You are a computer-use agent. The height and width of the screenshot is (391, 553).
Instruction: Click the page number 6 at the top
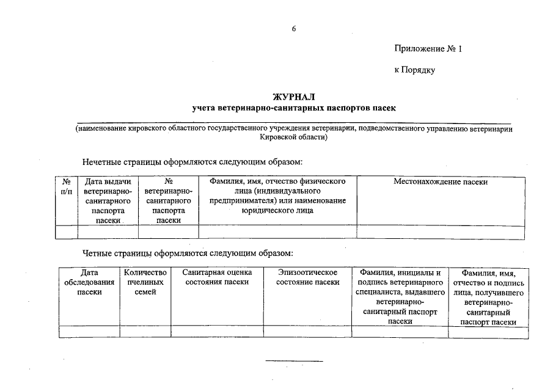pyautogui.click(x=294, y=29)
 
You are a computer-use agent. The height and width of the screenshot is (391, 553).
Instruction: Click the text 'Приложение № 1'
pyautogui.click(x=428, y=48)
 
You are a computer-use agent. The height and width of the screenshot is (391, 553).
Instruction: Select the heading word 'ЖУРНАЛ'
pyautogui.click(x=294, y=97)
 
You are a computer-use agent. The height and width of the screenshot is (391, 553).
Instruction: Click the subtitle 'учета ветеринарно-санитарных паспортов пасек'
pyautogui.click(x=294, y=108)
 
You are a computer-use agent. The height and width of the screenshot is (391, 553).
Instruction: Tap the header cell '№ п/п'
pyautogui.click(x=67, y=186)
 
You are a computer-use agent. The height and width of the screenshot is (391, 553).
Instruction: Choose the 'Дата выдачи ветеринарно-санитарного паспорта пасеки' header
pyautogui.click(x=108, y=201)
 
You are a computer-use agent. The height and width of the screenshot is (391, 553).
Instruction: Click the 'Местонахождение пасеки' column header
pyautogui.click(x=441, y=181)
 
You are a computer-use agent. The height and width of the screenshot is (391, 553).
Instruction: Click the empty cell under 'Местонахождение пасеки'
pyautogui.click(x=441, y=232)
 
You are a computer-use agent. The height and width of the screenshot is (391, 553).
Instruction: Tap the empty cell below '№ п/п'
pyautogui.click(x=67, y=232)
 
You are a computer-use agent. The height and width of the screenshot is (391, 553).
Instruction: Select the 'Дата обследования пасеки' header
pyautogui.click(x=89, y=282)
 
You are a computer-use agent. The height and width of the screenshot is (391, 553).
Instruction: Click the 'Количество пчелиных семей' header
pyautogui.click(x=145, y=282)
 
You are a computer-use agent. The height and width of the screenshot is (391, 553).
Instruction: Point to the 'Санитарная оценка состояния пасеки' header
pyautogui.click(x=217, y=277)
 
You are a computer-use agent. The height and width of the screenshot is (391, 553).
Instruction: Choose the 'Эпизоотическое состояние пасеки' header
pyautogui.click(x=307, y=277)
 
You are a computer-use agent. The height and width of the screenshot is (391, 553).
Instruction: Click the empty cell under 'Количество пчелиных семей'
pyautogui.click(x=145, y=332)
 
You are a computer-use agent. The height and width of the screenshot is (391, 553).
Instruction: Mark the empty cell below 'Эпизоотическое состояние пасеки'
pyautogui.click(x=307, y=332)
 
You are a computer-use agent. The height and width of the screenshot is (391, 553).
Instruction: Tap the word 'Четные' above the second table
pyautogui.click(x=100, y=253)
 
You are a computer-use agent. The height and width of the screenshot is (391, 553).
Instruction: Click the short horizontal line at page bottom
pyautogui.click(x=294, y=361)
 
